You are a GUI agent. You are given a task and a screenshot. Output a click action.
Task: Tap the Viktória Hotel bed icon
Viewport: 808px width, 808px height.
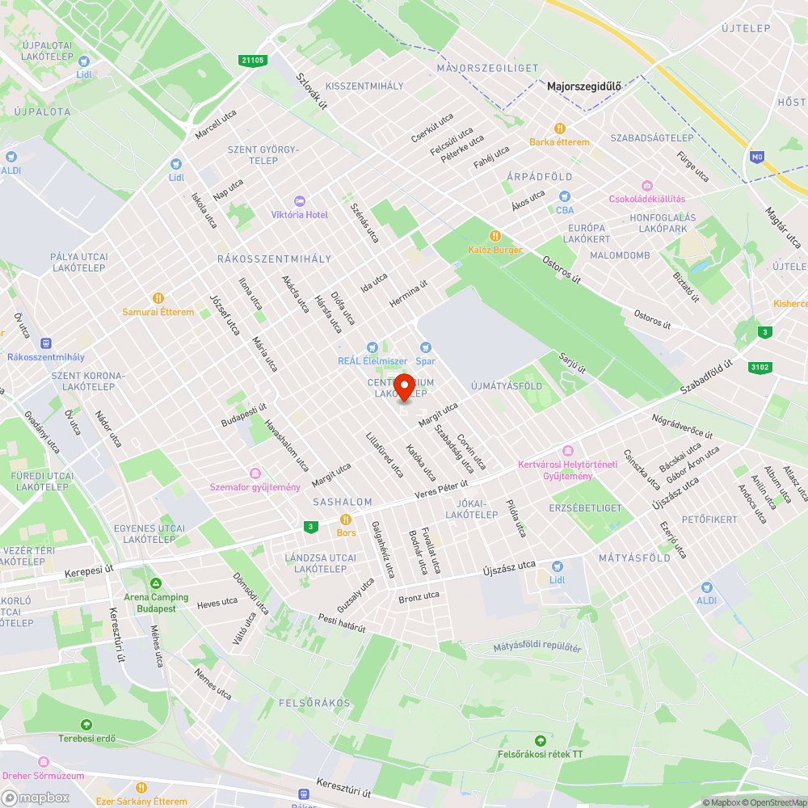coord(300,200)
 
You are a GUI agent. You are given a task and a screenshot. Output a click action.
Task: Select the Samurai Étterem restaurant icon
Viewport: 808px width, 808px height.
coord(158,297)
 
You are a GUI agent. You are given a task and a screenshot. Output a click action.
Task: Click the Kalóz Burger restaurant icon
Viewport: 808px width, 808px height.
coord(495,236)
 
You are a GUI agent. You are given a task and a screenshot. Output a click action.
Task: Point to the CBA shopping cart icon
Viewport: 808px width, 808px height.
coord(565,196)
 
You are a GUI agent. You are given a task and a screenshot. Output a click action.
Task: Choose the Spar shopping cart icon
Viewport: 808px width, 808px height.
coord(426,347)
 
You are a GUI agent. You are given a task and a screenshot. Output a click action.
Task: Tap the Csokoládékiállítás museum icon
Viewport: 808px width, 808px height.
coord(646,185)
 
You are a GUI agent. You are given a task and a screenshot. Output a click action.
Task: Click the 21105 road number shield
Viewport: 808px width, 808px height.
coord(253,60)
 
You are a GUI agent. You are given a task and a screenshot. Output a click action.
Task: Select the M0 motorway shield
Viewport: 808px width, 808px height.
coord(756,157)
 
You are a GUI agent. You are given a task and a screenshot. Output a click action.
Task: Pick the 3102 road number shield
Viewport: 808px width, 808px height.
coord(760,368)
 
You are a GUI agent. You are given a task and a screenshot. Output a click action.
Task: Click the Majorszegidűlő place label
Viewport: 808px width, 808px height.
coord(578,86)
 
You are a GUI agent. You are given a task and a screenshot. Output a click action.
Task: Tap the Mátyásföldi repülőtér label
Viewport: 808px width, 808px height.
coord(537,647)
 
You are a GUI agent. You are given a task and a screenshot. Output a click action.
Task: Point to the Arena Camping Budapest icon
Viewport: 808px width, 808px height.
coord(156,583)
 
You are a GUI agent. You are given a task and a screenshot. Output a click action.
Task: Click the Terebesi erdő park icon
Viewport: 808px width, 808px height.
coord(86,724)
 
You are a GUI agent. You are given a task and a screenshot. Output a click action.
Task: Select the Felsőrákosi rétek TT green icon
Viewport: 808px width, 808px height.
coord(540,740)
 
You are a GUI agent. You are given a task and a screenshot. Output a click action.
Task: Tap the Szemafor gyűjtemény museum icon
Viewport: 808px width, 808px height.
coord(255,473)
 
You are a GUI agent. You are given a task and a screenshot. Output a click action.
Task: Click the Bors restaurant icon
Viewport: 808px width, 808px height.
coord(346,519)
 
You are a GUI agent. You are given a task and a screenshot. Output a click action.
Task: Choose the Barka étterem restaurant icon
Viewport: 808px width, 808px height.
coord(559,128)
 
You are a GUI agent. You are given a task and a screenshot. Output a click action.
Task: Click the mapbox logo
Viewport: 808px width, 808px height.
coord(36,797)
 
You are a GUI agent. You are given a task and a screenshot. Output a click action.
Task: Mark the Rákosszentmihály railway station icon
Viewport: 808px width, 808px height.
coord(45,343)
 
